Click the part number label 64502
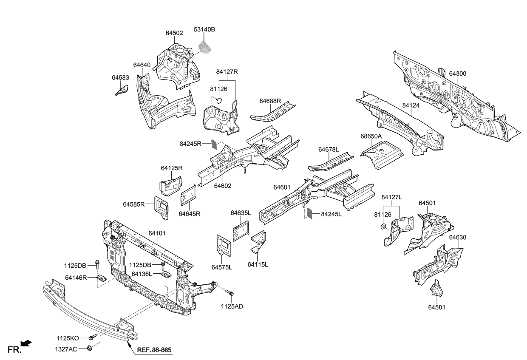pos(174,33)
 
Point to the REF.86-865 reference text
pos(154,350)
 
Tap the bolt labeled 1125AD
pos(230,293)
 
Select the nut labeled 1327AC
pos(90,349)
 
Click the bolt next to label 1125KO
pos(92,337)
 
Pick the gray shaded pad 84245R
pos(215,145)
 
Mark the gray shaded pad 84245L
pos(309,213)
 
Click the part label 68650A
pos(371,136)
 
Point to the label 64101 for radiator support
pos(157,233)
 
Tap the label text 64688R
pos(270,101)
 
